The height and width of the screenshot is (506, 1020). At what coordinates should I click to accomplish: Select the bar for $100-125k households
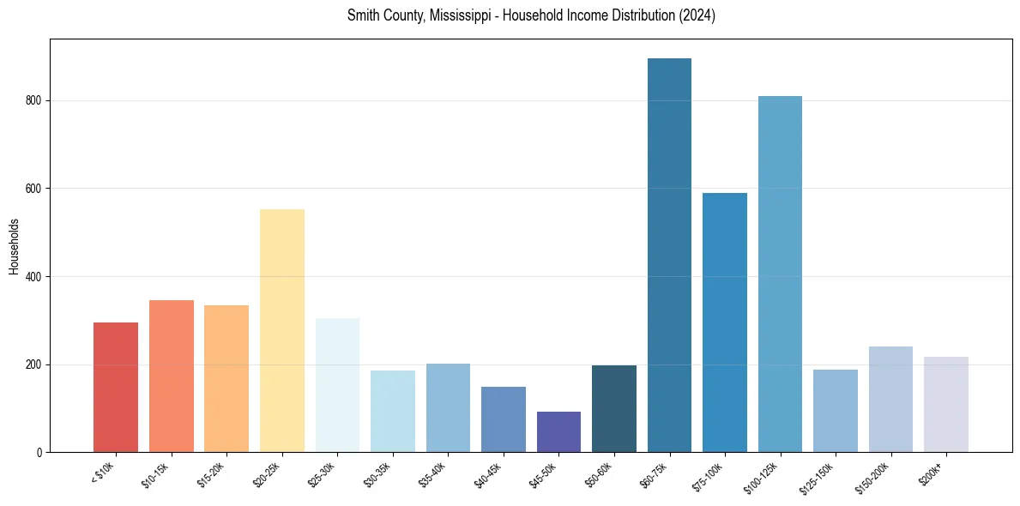coord(780,274)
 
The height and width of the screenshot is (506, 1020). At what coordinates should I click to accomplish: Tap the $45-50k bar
coord(558,432)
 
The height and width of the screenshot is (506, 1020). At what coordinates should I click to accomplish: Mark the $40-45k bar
coord(504,419)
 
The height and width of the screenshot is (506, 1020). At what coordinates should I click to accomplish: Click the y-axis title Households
coord(15,246)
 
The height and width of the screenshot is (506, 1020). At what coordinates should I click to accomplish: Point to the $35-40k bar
coord(448,408)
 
